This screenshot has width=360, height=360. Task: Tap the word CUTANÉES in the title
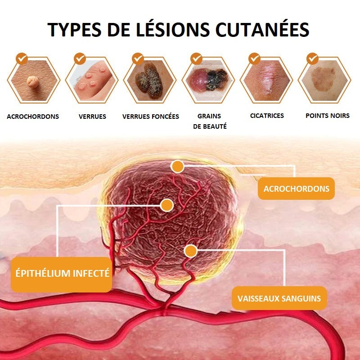click(262, 29)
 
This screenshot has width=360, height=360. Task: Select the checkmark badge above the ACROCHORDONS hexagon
click(22, 59)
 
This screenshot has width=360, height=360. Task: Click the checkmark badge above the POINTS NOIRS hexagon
click(312, 59)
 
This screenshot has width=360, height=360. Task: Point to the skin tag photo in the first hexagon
click(33, 80)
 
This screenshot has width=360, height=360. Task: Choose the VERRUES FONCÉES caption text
click(151, 117)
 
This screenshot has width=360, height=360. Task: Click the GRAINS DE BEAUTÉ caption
click(210, 121)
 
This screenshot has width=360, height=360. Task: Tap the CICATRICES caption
click(267, 116)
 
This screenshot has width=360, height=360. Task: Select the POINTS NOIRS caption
click(328, 116)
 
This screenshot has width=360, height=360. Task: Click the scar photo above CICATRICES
click(266, 80)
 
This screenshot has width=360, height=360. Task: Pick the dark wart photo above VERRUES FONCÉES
click(150, 80)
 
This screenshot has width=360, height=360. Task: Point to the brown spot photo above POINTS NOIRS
click(324, 80)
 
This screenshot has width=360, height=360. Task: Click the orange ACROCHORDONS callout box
click(296, 189)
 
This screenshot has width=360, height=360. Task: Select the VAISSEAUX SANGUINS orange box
click(279, 298)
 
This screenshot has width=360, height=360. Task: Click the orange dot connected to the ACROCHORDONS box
click(177, 166)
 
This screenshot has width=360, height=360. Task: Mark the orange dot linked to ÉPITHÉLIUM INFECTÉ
click(167, 205)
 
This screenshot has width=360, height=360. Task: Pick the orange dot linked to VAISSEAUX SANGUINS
click(190, 251)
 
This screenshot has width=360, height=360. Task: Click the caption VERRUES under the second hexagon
click(92, 117)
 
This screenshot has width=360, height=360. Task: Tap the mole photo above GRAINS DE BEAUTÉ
click(208, 80)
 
